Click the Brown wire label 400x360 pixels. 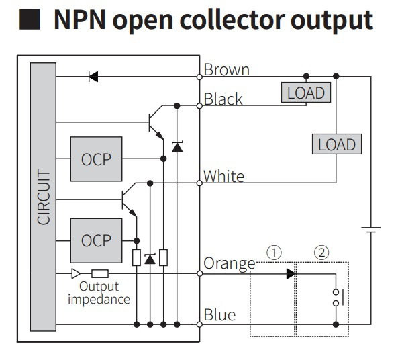coord(227,69)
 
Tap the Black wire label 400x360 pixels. coord(223,99)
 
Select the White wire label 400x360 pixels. coord(224,176)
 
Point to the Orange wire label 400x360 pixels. coord(230,264)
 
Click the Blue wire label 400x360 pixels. coord(219,314)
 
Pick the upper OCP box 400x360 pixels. coord(96,159)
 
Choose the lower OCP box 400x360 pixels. coord(96,240)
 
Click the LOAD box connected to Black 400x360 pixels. coord(306,93)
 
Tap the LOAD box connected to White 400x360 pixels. coord(337,144)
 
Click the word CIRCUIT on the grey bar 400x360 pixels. coord(44,197)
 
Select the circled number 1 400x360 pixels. coord(274,253)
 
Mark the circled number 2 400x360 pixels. coord(321,253)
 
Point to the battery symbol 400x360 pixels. coord(371,230)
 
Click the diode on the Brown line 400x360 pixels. coord(93,77)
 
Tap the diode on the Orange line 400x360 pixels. coord(291,274)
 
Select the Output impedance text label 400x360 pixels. coord(99,293)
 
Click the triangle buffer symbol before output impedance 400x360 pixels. coord(76,273)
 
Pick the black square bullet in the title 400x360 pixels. coord(30,19)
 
